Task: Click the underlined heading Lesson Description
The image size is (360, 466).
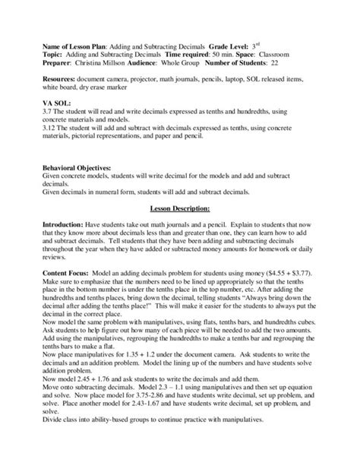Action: point(179,185)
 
